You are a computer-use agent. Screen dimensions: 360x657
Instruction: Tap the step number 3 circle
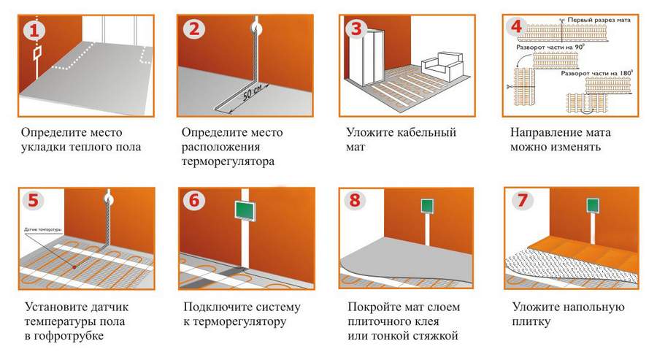tap(356, 29)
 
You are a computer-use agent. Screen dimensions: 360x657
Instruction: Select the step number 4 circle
tap(516, 26)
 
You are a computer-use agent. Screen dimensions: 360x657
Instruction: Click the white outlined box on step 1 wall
tap(36, 54)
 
